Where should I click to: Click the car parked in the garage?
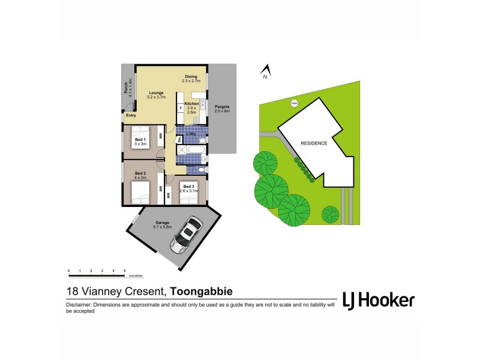point(186,234)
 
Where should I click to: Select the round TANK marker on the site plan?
point(294,103)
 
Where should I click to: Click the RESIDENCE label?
point(314,143)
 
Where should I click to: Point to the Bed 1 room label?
point(140,142)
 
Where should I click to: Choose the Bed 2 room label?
point(139,175)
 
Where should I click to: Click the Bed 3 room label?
point(189,188)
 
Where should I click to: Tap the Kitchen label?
point(191,107)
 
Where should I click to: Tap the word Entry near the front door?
point(130,116)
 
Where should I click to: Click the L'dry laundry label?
point(191,133)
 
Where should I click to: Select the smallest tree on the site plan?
point(331,214)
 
